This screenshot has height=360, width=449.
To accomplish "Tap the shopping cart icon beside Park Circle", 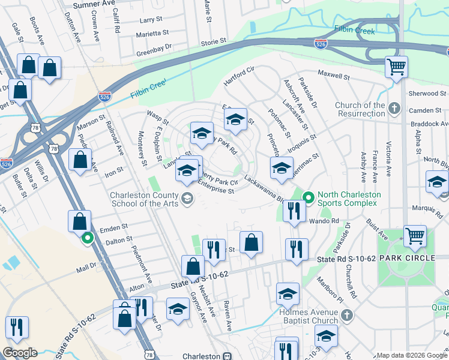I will pos(415,236).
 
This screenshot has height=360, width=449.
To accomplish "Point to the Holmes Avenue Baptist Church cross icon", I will pos(346,314).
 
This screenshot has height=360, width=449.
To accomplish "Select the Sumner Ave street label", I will pos(93,5).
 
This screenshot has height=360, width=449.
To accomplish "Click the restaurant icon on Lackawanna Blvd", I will pos(294,210).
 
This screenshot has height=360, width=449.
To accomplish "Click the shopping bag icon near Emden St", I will pos(79,221).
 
